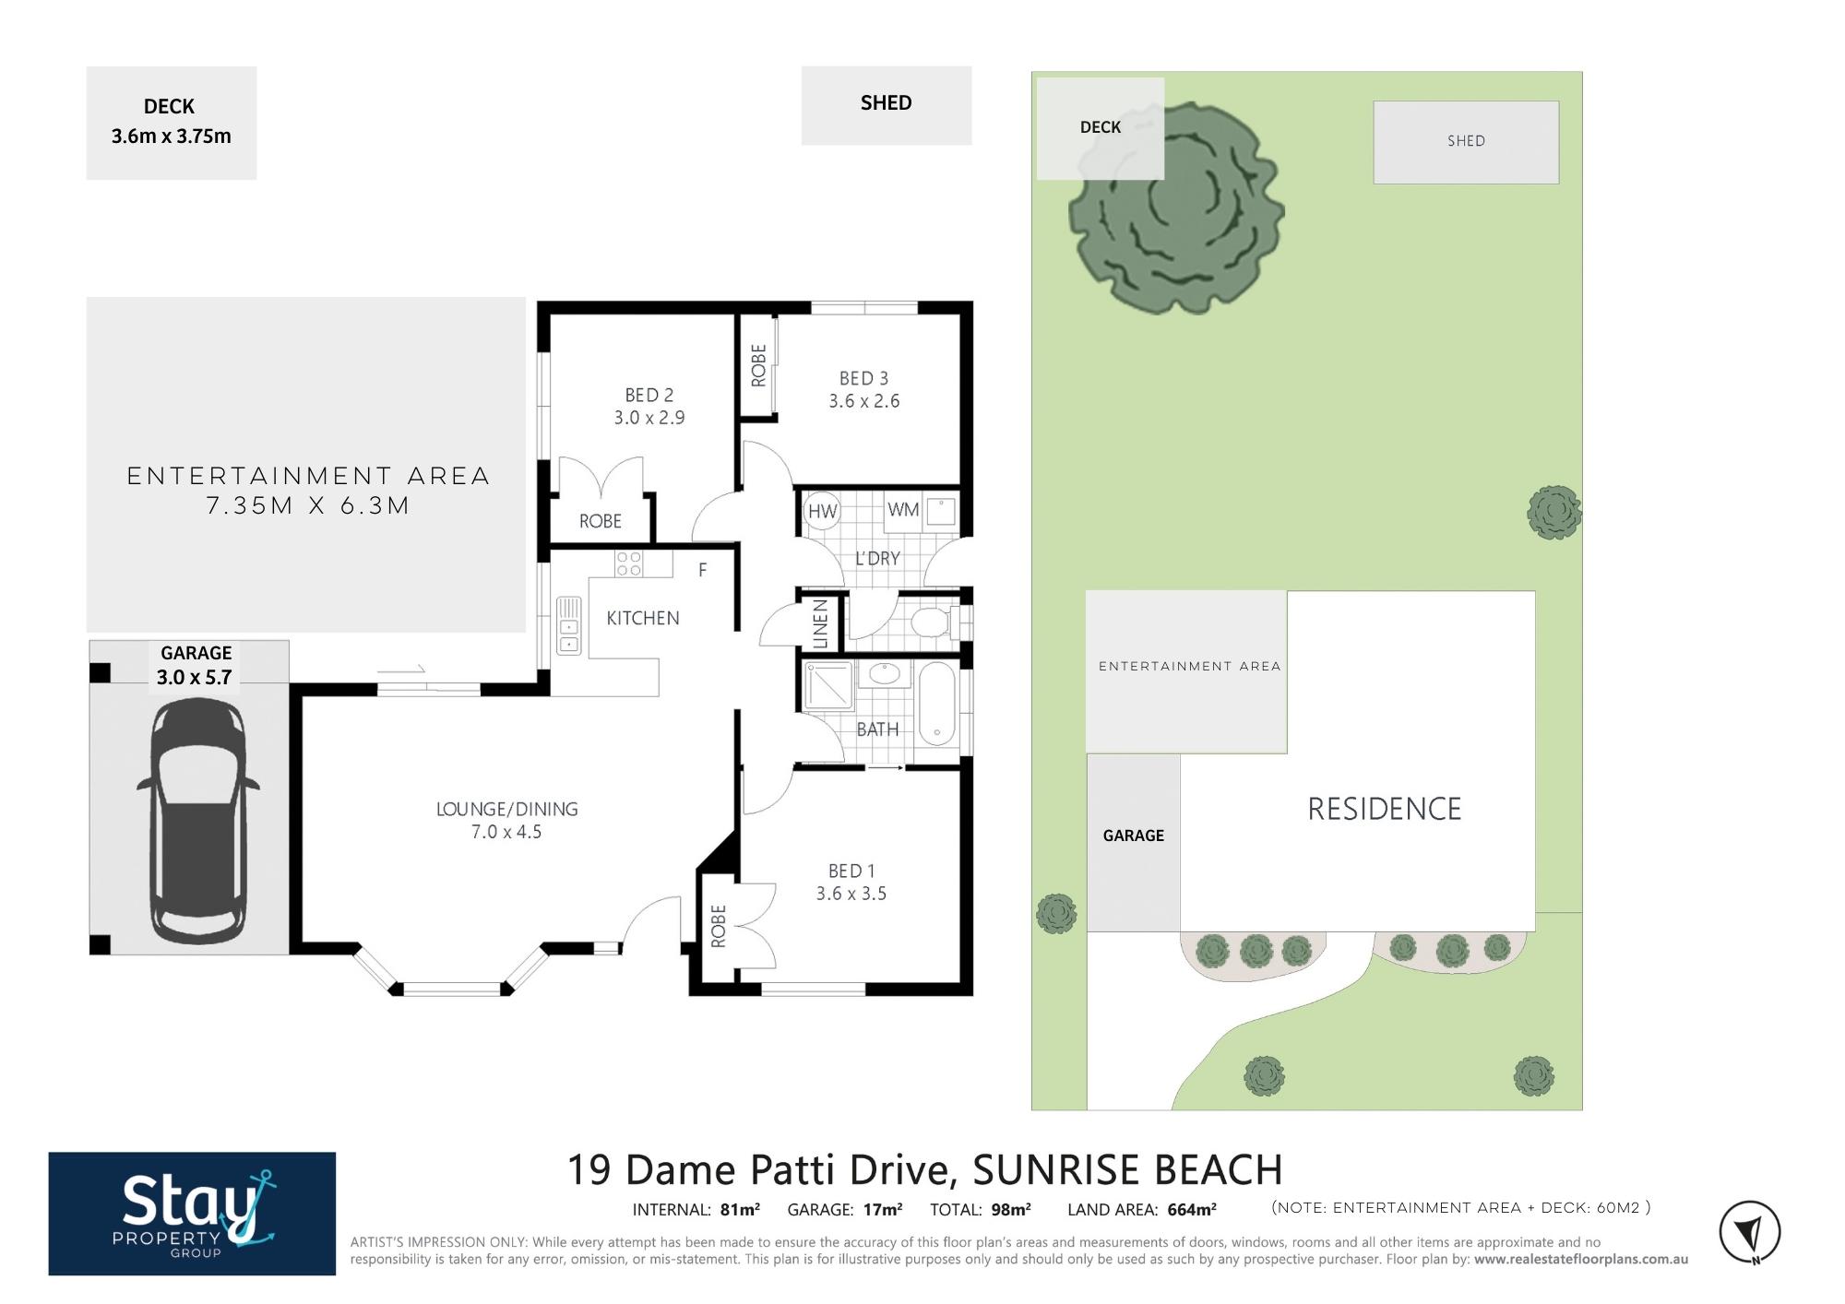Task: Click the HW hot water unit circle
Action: coord(822,511)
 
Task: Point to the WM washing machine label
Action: coord(903,509)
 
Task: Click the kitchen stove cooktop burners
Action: coord(629,563)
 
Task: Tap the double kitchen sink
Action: coord(569,625)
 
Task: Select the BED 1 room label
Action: coord(851,871)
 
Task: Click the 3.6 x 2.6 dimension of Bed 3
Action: coord(864,401)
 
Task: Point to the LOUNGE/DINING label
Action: coord(507,809)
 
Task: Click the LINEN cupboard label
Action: coord(820,623)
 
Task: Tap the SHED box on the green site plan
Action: coord(1466,142)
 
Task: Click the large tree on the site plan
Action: coord(1177,207)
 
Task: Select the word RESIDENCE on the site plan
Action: coord(1385,809)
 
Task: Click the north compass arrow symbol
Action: coord(1750,1232)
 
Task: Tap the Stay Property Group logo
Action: coord(192,1214)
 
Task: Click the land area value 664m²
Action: coord(1192,1210)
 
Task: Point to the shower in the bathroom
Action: coord(828,685)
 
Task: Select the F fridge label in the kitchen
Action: coord(702,570)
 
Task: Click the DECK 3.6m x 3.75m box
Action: coord(172,123)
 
